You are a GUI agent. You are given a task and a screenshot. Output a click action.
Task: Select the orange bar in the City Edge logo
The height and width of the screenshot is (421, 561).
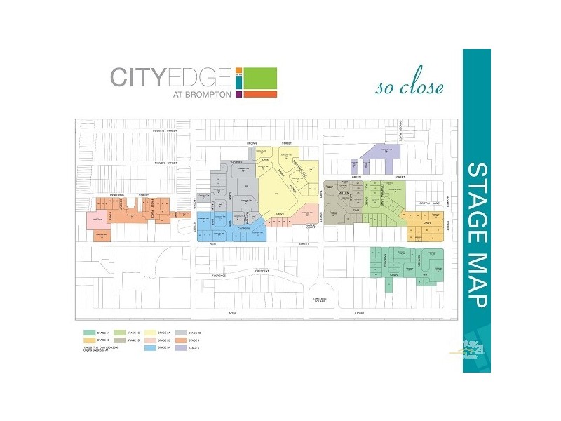[260, 93]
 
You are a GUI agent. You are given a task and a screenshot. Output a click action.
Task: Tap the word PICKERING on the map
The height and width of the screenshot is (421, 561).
[119, 194]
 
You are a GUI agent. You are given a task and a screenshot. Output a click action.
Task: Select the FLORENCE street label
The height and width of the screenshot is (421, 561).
[221, 276]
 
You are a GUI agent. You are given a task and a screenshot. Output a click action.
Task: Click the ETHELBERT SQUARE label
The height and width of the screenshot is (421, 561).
[321, 300]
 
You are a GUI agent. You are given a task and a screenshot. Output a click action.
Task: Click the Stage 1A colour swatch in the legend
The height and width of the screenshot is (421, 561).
[89, 332]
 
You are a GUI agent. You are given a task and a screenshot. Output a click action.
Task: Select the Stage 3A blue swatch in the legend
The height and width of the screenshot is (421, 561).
[149, 347]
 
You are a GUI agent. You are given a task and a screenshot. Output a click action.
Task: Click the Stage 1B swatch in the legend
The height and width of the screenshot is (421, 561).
[89, 340]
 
